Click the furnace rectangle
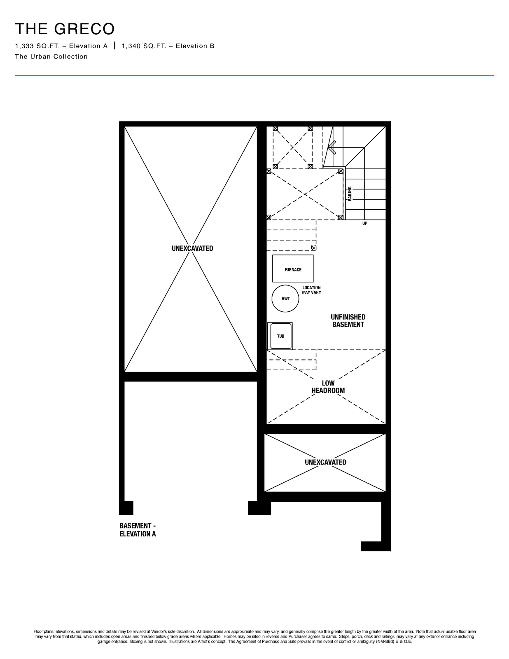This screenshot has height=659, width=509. coord(292,269)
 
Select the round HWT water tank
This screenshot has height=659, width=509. coord(285,299)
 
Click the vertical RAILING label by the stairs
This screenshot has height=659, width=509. coord(350,194)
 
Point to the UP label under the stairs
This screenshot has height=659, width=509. coord(365,224)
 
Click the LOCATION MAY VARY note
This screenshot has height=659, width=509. coord(311,290)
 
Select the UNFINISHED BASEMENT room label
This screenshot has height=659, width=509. coord(348,320)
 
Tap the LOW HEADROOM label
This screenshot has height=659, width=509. coord(328,387)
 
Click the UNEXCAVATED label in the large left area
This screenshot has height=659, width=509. coord(192,248)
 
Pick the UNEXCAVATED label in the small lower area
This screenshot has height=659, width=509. coord(325,462)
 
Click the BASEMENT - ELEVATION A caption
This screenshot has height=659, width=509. coord(138,530)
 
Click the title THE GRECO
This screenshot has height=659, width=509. coord(65,29)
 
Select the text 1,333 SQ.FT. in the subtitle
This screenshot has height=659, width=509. coord(37,46)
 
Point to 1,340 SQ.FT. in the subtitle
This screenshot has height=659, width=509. coord(144,46)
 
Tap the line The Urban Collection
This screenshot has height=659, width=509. coord(51,57)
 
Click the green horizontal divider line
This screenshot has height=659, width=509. coord(254,75)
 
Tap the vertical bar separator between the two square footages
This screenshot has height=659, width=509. coord(114,46)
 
